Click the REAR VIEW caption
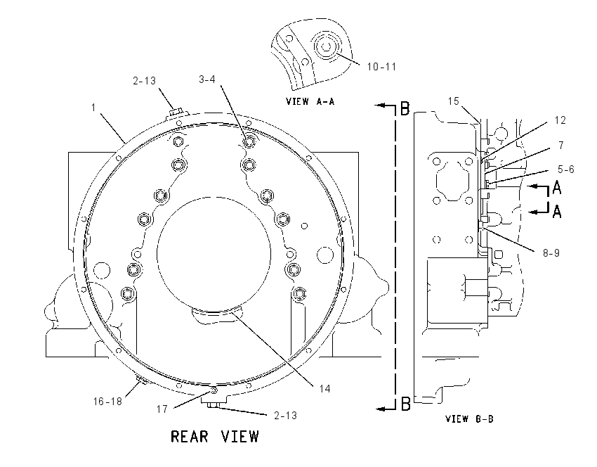coord(215,437)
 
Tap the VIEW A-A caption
coord(310,101)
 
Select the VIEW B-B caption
coord(469,419)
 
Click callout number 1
coord(93,108)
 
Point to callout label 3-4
coord(207,79)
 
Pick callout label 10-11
coord(381,67)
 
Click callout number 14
coord(324,388)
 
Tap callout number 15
coord(454,101)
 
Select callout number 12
coord(560,120)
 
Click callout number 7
coord(561,146)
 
